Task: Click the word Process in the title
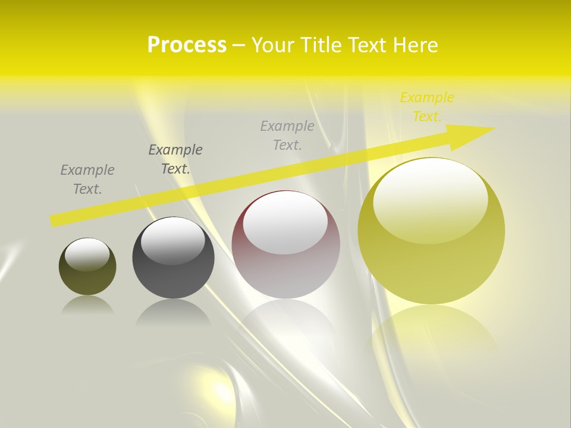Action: pos(187,45)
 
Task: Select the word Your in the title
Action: pos(273,45)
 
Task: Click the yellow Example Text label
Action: pos(426,107)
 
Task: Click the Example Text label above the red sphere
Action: pos(287,135)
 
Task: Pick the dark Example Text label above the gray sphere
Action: pos(175,159)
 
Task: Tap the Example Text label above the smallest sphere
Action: pos(87,179)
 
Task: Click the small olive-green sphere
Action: pos(87,279)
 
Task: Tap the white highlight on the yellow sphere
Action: pos(431,199)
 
